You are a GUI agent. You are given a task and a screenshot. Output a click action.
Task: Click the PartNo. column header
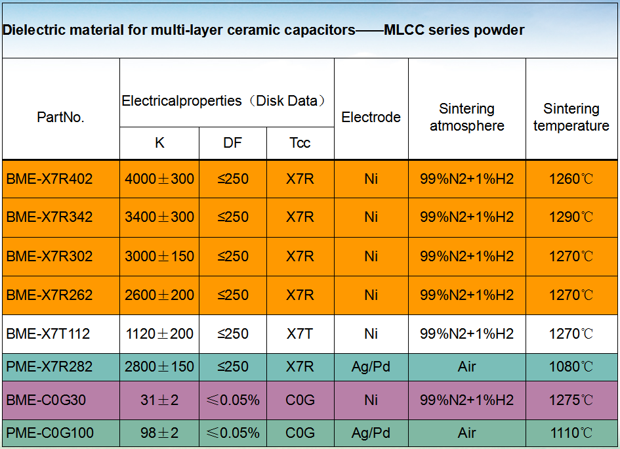click(x=60, y=118)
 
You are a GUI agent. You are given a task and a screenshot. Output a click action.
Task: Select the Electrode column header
click(x=371, y=118)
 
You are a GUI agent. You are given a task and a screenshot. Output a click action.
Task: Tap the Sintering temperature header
click(x=571, y=117)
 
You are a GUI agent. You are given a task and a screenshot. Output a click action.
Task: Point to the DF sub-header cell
click(x=232, y=142)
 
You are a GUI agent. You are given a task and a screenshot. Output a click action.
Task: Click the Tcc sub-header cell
click(x=300, y=142)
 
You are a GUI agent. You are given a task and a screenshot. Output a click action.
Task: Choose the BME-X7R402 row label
click(x=49, y=179)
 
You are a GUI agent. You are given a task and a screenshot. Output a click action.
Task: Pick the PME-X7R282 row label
click(x=49, y=366)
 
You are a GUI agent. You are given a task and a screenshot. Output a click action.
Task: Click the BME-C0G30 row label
click(x=46, y=400)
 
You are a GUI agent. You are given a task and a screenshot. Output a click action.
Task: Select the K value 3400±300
click(x=159, y=217)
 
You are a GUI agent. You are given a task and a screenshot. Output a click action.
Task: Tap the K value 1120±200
click(x=159, y=334)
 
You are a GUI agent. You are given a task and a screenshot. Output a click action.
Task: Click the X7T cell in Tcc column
click(x=300, y=334)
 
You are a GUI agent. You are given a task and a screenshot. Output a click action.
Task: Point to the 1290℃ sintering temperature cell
click(x=571, y=217)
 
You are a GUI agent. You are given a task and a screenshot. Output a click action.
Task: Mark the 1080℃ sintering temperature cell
click(x=571, y=366)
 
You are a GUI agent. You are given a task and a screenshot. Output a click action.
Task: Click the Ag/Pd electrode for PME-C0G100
click(x=371, y=433)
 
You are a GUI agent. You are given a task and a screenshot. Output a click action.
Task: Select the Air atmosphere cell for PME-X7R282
click(x=466, y=366)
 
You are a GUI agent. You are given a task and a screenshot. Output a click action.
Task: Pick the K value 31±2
click(x=159, y=400)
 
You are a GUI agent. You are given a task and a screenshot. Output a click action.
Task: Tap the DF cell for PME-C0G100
click(x=233, y=433)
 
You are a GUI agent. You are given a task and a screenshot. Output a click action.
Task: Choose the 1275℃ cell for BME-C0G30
click(x=571, y=400)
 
